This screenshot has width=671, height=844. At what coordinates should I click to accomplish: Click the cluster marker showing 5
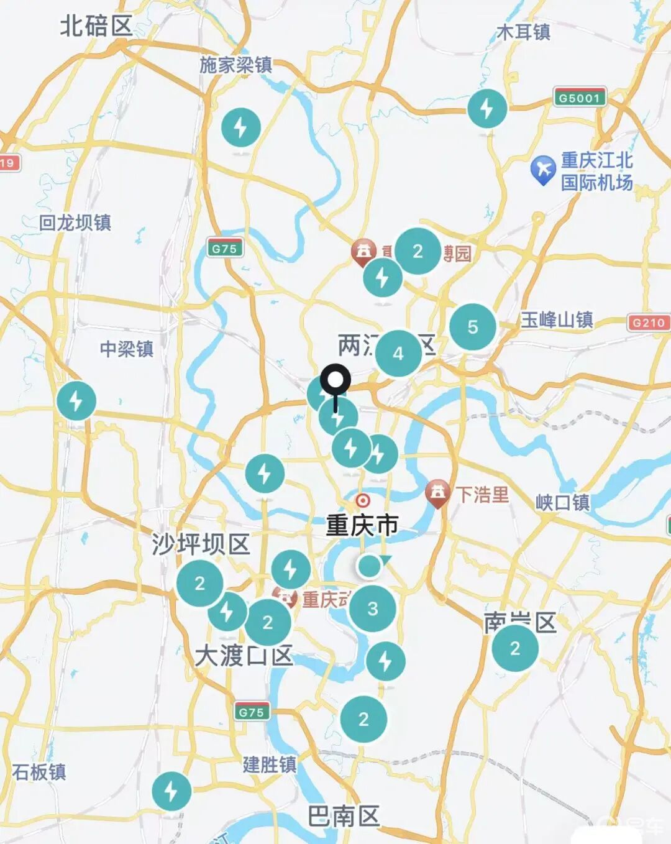[473, 327]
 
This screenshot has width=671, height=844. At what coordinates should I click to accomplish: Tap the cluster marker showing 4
[398, 353]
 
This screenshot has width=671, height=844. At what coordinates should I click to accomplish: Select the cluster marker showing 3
[372, 608]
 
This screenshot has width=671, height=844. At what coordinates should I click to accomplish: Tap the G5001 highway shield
[579, 98]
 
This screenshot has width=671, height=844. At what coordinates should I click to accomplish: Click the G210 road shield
[649, 323]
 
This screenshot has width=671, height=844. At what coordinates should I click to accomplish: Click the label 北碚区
[96, 27]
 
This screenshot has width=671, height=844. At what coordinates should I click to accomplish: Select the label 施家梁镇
[235, 65]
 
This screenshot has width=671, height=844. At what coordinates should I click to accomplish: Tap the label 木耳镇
[523, 32]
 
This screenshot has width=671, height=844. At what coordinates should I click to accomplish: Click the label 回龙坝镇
[75, 222]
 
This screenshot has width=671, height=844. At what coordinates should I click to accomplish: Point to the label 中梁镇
[127, 349]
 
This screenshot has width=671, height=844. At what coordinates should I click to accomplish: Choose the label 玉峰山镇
[557, 320]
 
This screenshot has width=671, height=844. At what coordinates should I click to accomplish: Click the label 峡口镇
[562, 502]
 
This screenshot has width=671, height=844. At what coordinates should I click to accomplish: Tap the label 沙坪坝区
[201, 544]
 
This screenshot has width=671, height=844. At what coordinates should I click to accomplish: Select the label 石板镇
[39, 772]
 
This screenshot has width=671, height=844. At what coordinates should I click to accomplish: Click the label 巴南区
[344, 816]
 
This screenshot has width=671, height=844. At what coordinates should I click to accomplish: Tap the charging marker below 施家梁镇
[241, 127]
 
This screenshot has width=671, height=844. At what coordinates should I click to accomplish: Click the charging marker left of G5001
[487, 109]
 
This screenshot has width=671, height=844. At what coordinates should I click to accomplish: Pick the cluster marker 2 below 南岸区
[515, 648]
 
